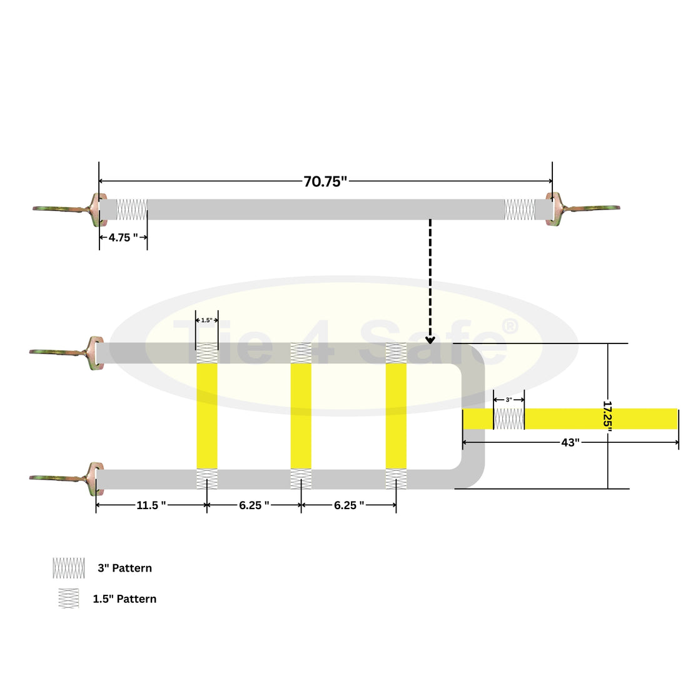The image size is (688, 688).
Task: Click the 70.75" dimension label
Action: pos(325,181)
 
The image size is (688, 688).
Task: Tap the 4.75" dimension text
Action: pos(123,238)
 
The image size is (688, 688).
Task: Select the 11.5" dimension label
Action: pos(151,505)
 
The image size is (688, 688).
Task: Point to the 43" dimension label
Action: pos(570,442)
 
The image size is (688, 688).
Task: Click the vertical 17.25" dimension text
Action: pos(608,416)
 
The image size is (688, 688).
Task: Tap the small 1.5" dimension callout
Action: pos(206,320)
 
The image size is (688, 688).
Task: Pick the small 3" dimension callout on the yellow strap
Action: pos(509,400)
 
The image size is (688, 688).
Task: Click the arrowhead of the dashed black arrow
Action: pos(430,340)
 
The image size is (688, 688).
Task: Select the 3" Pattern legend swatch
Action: pos(69,568)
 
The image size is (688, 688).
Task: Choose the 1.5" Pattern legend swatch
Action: pos(69,599)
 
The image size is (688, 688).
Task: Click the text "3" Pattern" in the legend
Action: pos(124,568)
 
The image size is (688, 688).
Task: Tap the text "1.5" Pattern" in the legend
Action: pos(124,599)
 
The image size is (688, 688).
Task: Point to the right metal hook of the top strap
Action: pos(583,209)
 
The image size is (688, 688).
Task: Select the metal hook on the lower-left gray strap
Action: pos(67,478)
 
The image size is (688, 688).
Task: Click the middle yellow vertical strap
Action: pos(301,416)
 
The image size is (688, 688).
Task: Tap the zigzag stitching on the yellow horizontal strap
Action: pos(509,419)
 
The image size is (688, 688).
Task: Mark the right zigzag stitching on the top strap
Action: pos(520,210)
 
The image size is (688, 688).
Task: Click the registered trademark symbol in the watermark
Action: pos(509,326)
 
